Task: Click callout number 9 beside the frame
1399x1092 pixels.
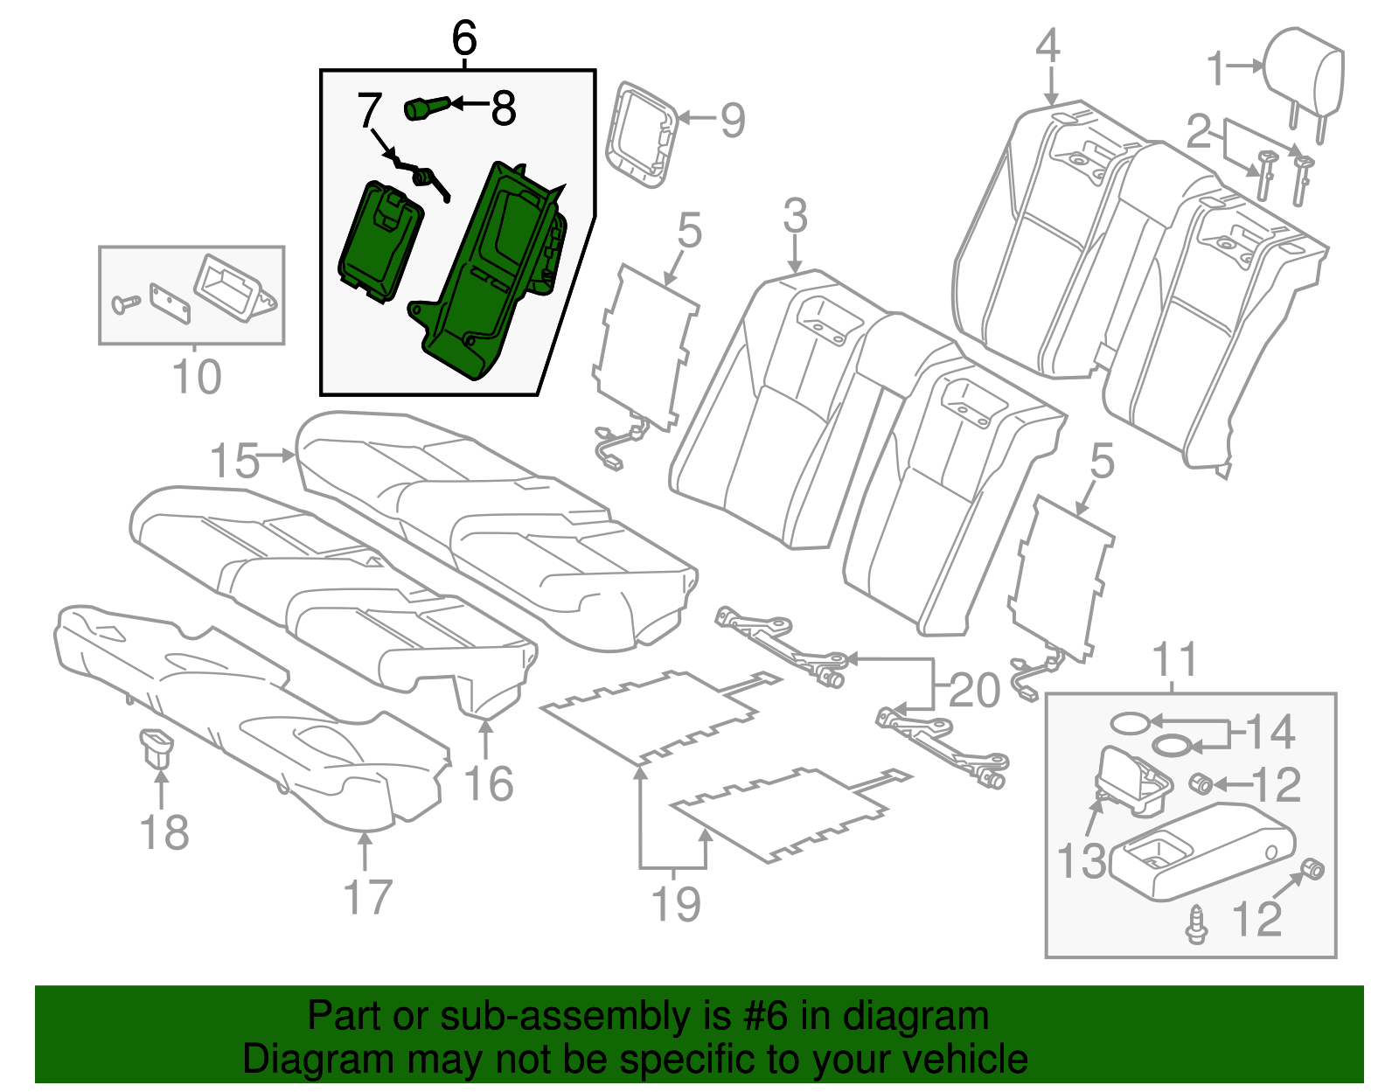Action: click(x=733, y=120)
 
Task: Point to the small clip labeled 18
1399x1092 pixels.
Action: click(x=157, y=748)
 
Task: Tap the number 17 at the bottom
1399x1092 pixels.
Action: click(x=368, y=897)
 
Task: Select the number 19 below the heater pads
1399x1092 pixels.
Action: click(x=676, y=903)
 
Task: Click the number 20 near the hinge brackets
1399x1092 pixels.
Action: click(x=974, y=691)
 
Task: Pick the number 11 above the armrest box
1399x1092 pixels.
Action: click(x=1174, y=660)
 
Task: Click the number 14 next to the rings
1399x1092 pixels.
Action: click(x=1270, y=732)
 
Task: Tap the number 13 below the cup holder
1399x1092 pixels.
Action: click(x=1082, y=861)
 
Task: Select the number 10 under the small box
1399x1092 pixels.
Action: click(x=196, y=378)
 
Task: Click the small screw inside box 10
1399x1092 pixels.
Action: click(x=125, y=303)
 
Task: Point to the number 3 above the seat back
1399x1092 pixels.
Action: click(x=795, y=215)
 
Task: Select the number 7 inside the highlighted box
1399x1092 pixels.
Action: click(x=369, y=111)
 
